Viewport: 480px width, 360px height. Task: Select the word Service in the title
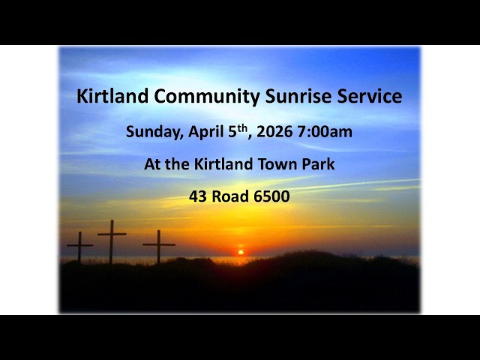point(368,97)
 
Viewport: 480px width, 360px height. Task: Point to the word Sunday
point(154,133)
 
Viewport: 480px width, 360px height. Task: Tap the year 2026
point(274,133)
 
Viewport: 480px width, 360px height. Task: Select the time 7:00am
point(325,133)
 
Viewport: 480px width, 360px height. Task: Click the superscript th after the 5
point(241,127)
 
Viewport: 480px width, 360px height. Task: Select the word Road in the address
point(232,197)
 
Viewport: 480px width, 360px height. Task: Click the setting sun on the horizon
point(241,253)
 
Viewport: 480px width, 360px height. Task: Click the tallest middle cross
point(112,238)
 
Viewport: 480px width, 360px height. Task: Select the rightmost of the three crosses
point(158,244)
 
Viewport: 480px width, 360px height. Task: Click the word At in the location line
point(154,165)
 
